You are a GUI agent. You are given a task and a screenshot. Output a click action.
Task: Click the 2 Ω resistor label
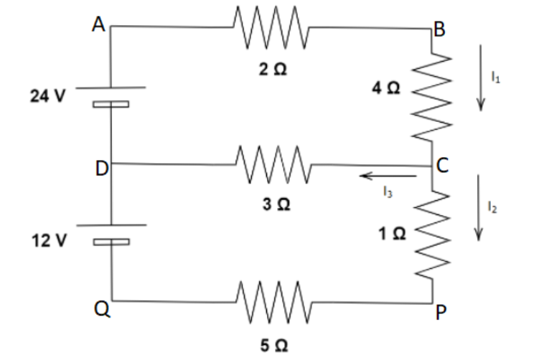click(x=274, y=71)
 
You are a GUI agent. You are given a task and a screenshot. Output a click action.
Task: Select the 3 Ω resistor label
click(x=276, y=205)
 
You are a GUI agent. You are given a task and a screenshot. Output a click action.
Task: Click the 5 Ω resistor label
click(x=275, y=346)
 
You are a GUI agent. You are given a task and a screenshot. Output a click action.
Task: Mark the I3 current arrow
click(x=388, y=175)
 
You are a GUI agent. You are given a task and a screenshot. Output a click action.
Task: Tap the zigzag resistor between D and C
click(x=273, y=165)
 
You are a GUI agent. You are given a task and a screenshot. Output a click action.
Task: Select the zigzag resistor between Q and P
click(x=273, y=301)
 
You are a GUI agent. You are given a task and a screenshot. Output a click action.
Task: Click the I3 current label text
click(x=387, y=191)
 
